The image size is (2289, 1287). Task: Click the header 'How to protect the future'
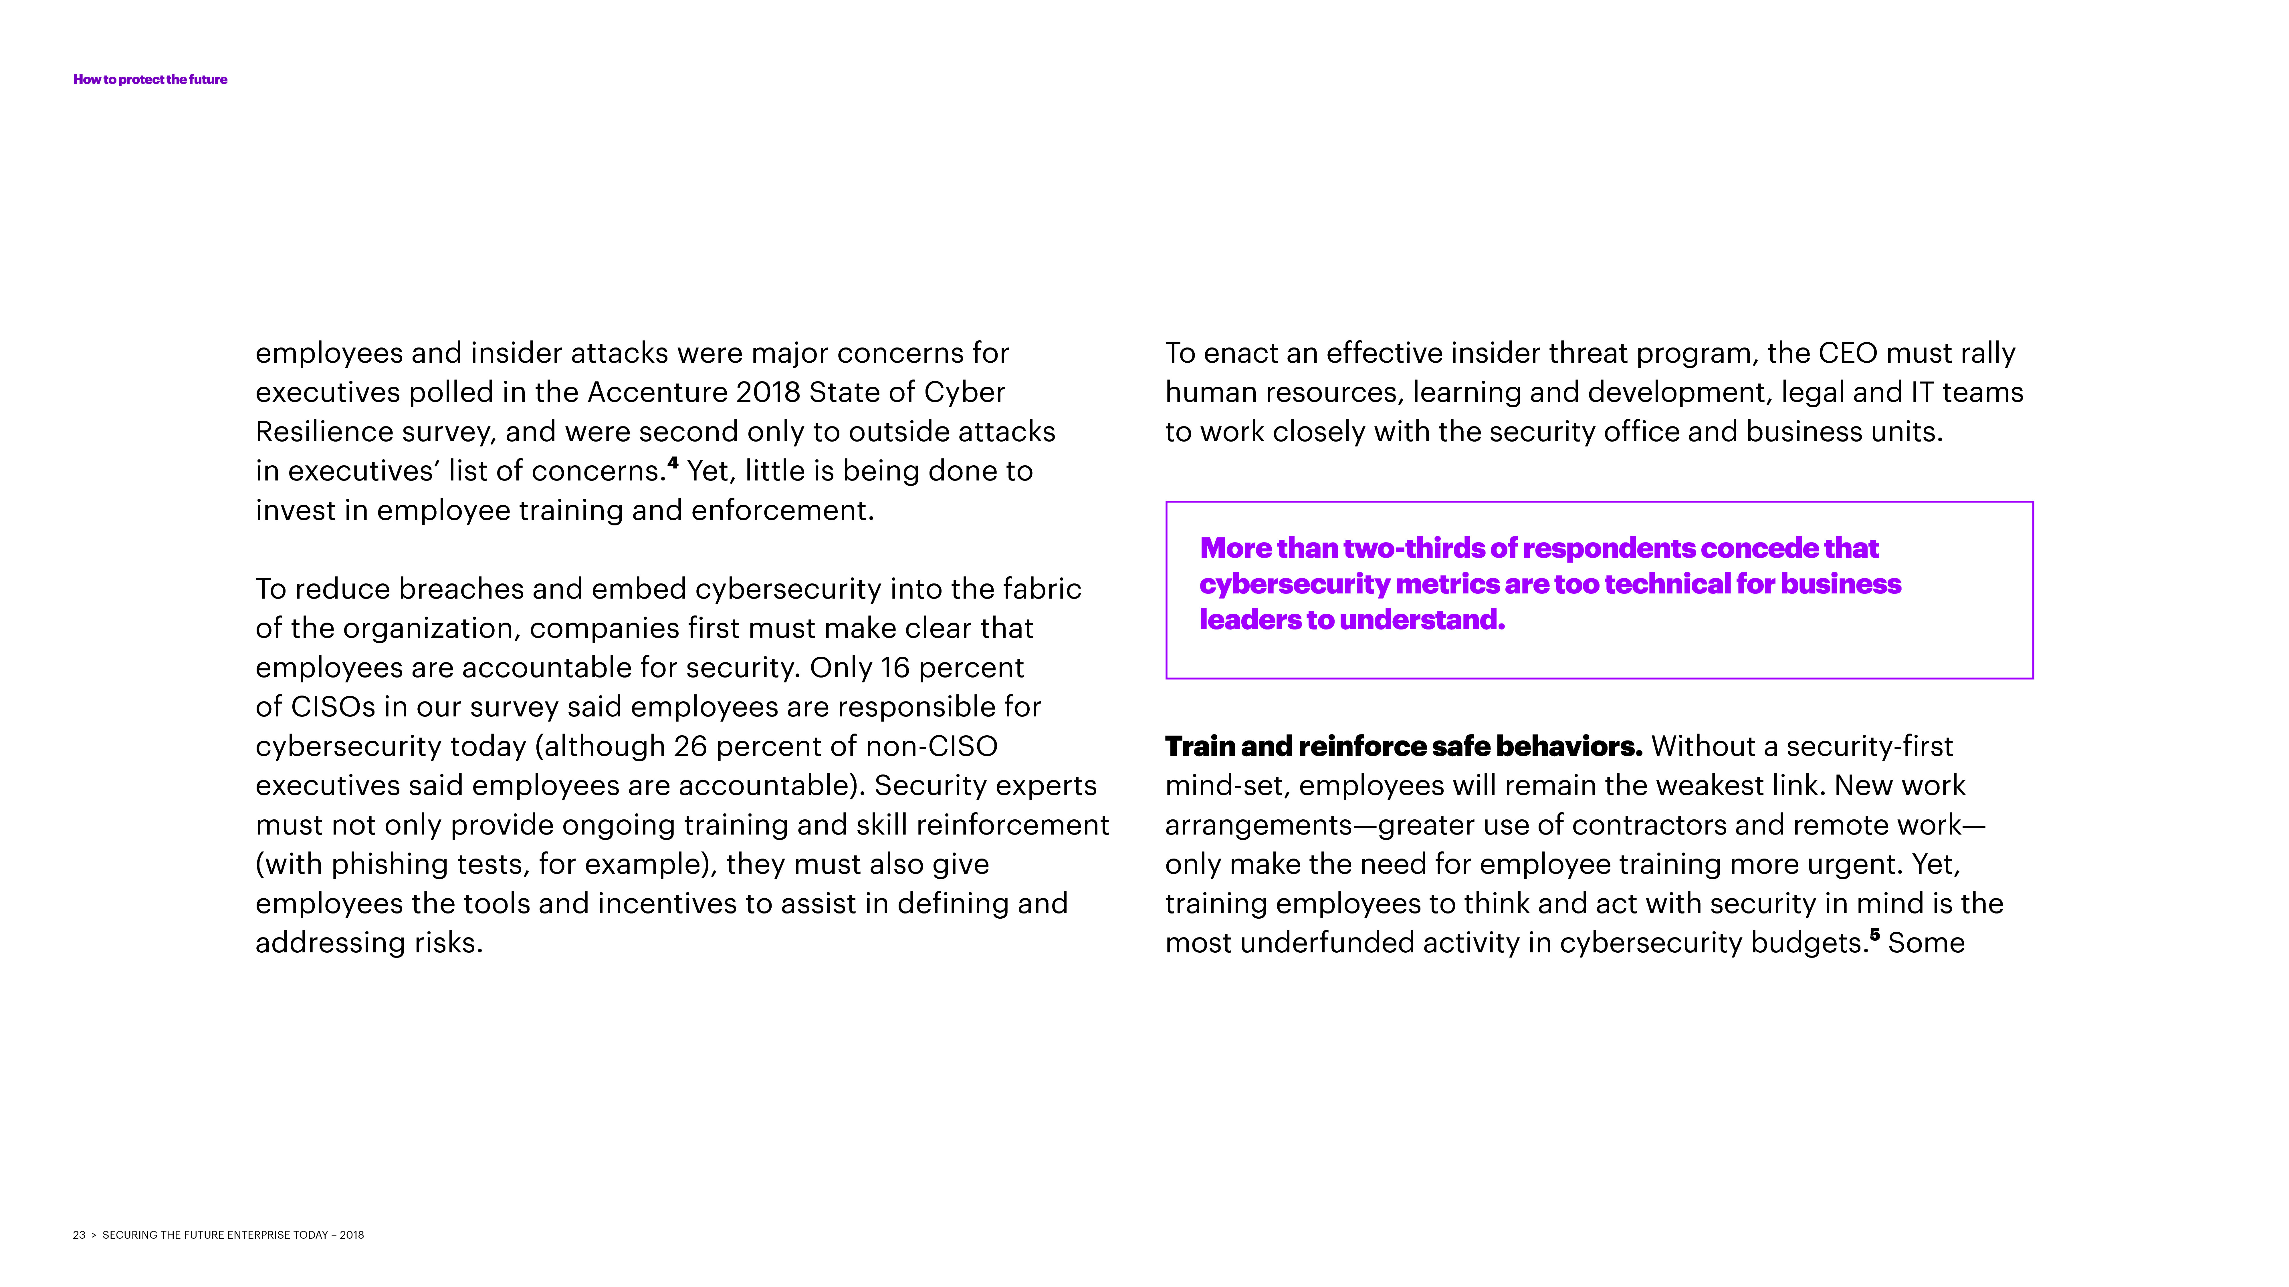click(150, 79)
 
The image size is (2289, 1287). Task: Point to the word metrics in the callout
click(1436, 584)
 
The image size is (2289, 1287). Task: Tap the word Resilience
click(324, 432)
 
